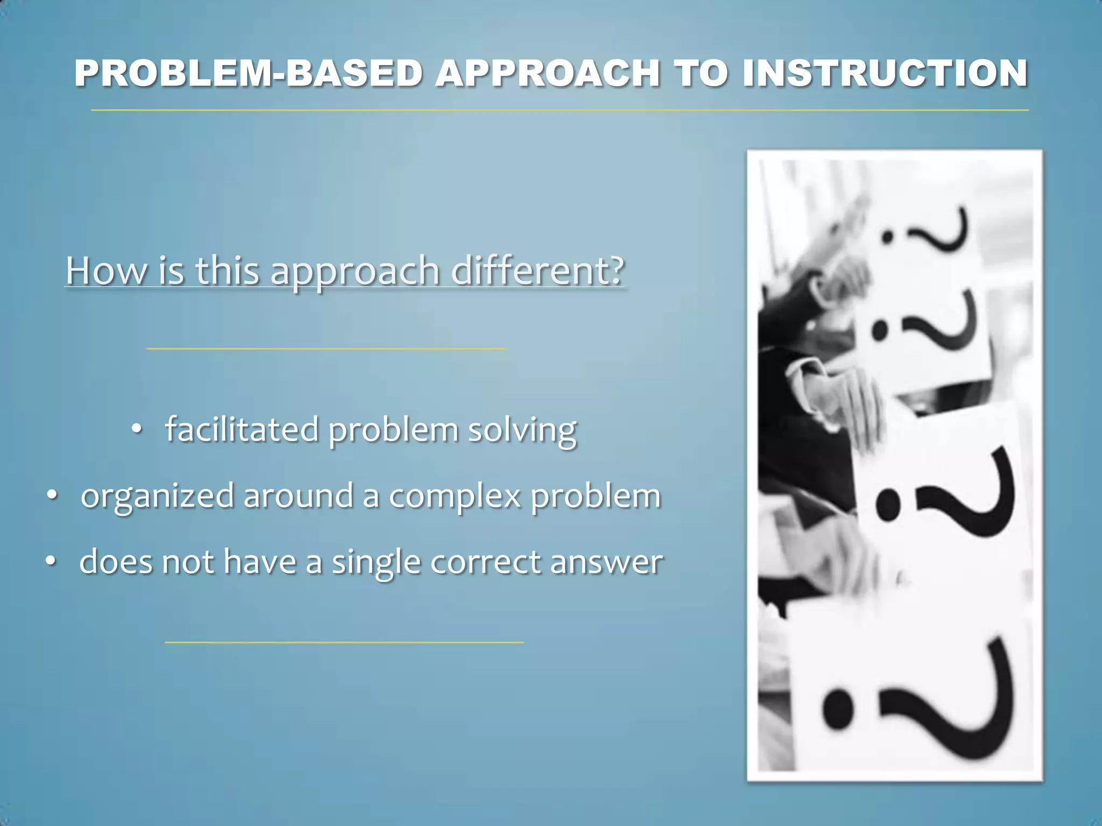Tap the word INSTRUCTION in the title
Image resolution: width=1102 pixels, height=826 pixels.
click(x=885, y=73)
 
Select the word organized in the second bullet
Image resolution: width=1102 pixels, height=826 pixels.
click(x=158, y=496)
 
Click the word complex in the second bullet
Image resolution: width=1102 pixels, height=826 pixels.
click(x=455, y=496)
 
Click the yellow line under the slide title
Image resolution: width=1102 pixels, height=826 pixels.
click(x=560, y=110)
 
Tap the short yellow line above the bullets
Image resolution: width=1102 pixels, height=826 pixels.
click(x=326, y=348)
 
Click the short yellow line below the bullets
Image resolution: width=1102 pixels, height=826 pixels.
click(x=344, y=642)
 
